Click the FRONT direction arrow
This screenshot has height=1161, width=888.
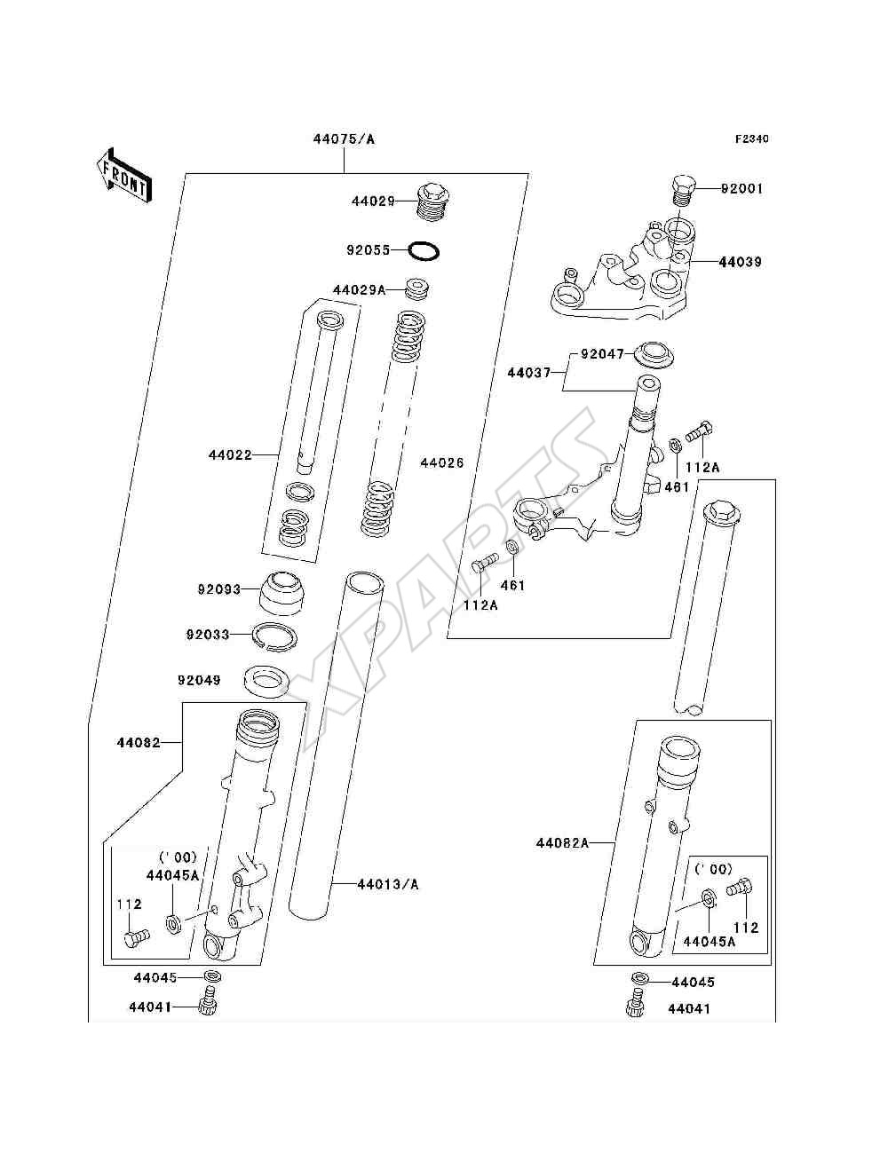pos(125,175)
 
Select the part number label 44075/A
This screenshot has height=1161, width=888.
pos(344,139)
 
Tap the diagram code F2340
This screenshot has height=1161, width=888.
pos(751,139)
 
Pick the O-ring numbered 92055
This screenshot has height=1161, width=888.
pos(424,250)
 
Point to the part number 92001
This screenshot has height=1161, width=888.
pos(741,189)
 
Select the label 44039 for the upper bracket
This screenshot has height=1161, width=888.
pos(740,262)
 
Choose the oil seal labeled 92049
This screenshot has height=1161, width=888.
pos(266,681)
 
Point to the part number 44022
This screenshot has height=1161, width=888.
pos(230,454)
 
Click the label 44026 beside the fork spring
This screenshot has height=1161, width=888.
pos(442,462)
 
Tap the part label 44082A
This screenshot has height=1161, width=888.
pos(562,843)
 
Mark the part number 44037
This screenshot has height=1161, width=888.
pos(529,373)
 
